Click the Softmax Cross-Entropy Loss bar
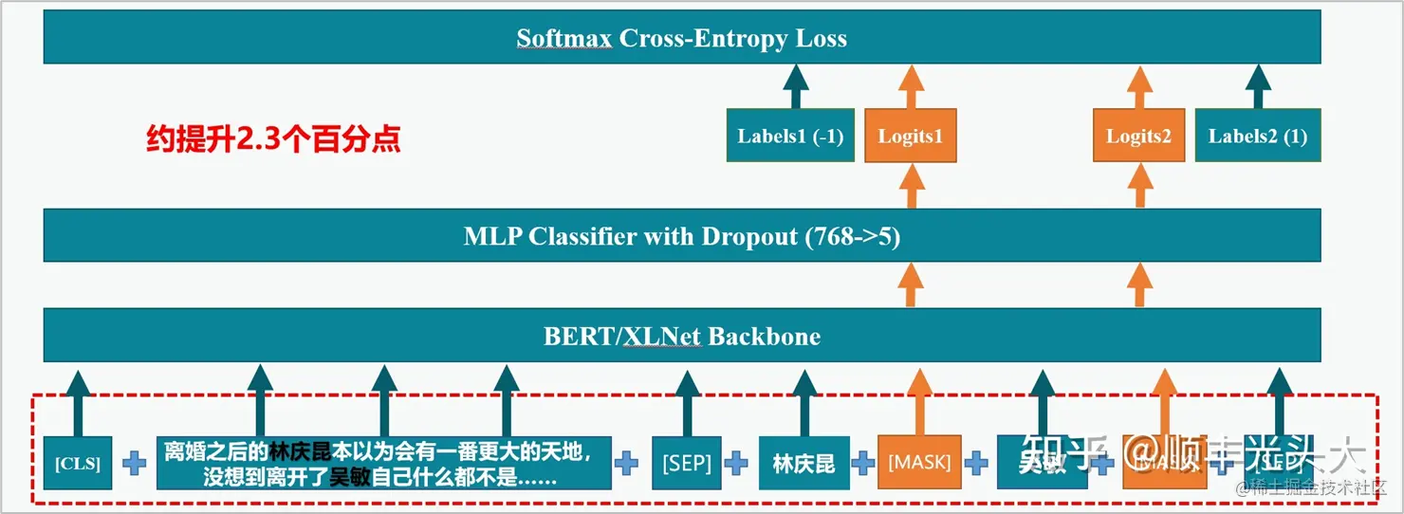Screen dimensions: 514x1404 point(681,38)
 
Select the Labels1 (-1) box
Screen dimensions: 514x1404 point(790,136)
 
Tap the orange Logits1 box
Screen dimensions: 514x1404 point(910,137)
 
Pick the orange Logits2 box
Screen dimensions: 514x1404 point(1137,137)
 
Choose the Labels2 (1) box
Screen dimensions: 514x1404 point(1257,136)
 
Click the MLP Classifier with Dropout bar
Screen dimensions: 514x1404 point(681,236)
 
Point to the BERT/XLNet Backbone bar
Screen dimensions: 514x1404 point(681,336)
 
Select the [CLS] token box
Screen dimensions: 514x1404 point(78,464)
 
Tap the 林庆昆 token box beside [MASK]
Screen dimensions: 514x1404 point(804,464)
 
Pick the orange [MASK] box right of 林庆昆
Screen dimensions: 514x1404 point(918,463)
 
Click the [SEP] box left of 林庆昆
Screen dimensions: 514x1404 point(687,464)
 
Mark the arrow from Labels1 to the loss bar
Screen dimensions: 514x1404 point(795,87)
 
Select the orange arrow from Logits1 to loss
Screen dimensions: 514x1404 point(911,87)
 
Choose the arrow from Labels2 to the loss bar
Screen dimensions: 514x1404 point(1258,87)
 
